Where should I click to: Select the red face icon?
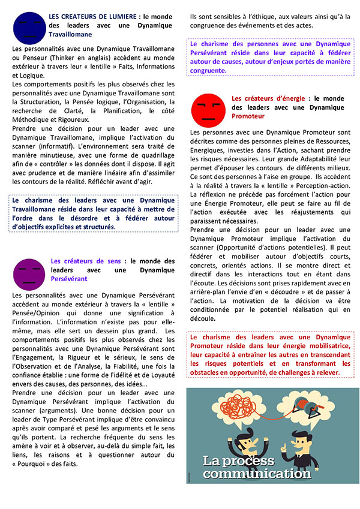[x=208, y=110]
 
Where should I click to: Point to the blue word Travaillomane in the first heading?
[x=71, y=35]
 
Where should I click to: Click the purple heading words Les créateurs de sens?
[x=86, y=261]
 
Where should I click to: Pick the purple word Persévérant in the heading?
[x=69, y=279]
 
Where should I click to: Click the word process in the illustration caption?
[x=253, y=461]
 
